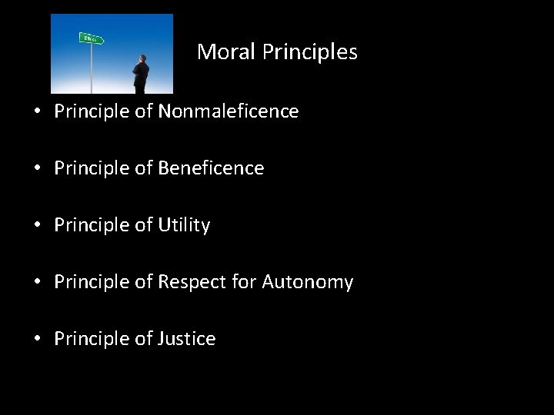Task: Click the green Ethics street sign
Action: [x=91, y=38]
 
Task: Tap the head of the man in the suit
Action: [x=141, y=58]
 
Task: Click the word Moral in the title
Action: [x=226, y=51]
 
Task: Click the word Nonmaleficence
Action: [x=229, y=111]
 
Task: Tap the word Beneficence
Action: [x=211, y=168]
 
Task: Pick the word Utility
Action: [x=184, y=225]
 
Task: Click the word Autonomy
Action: [x=307, y=282]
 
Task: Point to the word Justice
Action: [x=187, y=338]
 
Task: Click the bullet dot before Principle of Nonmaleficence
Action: [x=37, y=112]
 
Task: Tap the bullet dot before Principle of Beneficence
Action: [x=37, y=168]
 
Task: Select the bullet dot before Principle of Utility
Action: [x=37, y=225]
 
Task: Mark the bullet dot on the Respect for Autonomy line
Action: [x=37, y=282]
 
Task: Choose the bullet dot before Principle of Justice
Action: [x=37, y=339]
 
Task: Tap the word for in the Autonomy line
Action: [x=245, y=282]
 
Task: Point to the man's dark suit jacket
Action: [x=141, y=77]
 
